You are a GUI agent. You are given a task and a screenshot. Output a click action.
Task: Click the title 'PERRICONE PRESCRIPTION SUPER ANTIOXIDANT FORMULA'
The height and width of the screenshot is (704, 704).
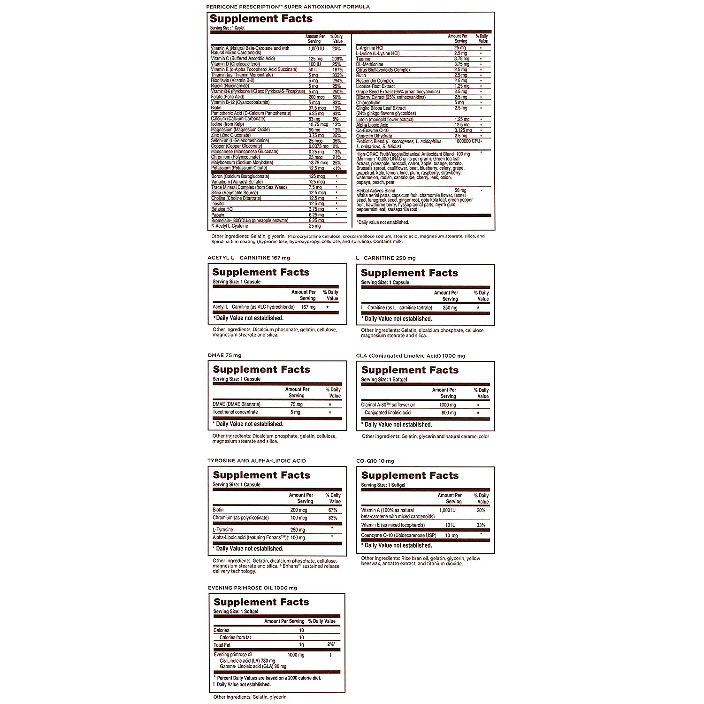pos(288,7)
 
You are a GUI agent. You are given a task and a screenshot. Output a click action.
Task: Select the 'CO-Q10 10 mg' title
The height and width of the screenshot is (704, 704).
pos(375,461)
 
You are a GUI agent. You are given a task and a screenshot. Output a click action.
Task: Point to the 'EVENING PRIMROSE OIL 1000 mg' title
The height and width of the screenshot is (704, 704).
pos(252,588)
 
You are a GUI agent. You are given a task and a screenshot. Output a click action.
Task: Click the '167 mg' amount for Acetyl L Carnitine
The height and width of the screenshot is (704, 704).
pos(308,307)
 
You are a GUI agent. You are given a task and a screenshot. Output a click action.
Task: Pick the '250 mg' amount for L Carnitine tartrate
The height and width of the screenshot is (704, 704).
pos(450,308)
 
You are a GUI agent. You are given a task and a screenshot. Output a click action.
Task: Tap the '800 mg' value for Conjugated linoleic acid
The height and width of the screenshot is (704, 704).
pos(448,413)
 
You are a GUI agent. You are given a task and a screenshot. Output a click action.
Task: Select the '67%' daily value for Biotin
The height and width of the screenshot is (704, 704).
pos(332,510)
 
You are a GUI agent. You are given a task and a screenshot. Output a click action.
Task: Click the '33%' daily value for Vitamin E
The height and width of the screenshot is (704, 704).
pos(481,525)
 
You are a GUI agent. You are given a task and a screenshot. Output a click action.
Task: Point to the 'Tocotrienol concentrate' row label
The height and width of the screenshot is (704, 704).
pos(235,412)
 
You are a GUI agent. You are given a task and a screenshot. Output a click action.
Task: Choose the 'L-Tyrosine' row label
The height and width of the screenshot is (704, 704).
pos(223,529)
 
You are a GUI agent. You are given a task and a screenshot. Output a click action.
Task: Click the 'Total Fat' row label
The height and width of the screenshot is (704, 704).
pos(222,645)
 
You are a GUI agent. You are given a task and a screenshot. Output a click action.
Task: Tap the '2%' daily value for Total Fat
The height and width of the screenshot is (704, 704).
pos(331,645)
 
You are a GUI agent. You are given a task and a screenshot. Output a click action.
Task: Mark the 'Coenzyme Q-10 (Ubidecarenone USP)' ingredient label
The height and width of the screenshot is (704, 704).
pos(398,536)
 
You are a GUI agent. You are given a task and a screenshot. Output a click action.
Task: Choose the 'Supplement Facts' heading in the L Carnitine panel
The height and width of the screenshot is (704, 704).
pos(409,273)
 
